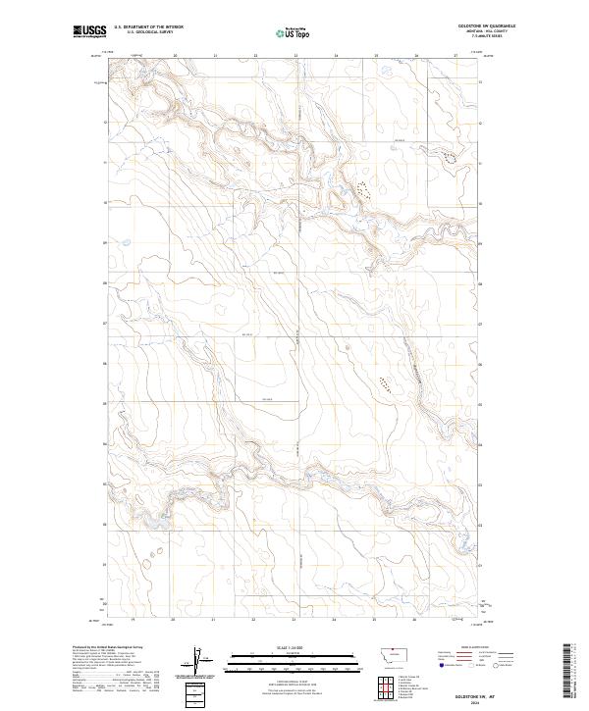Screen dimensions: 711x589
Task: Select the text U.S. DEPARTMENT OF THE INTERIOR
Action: [x=148, y=26]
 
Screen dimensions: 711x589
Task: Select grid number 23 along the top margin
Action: [x=295, y=56]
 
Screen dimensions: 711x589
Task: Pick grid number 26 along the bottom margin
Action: [x=415, y=619]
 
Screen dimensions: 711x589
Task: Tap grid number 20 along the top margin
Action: [x=175, y=56]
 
